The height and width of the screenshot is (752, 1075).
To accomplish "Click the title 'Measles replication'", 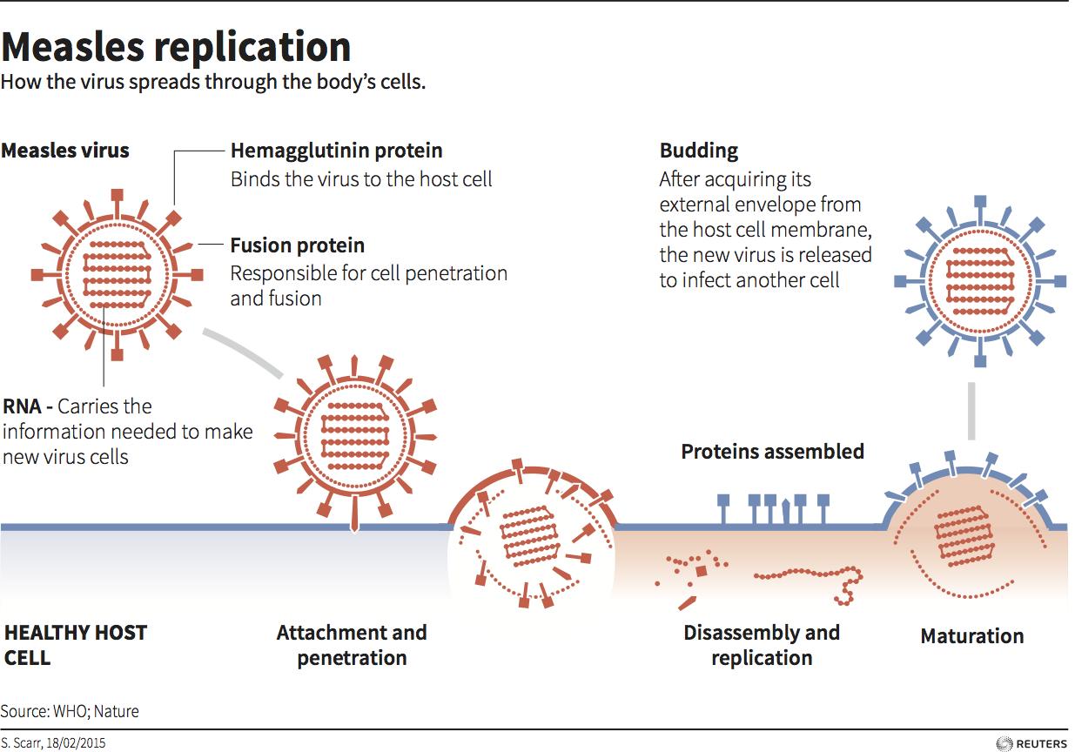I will point(176,47).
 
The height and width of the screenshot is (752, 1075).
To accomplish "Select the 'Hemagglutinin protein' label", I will point(336,151).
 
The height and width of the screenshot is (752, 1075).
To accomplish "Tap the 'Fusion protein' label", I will point(297,245).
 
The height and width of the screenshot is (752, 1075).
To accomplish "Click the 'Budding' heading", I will point(698,151).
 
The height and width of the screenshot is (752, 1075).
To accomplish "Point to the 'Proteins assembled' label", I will point(772,452).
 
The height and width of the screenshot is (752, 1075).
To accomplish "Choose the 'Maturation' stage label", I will point(971,636).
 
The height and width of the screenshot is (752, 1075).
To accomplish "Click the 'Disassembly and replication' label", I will point(762,645).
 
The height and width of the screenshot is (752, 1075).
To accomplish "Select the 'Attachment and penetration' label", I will point(352,645).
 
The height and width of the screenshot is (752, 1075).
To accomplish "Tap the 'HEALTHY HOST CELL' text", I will point(76,645).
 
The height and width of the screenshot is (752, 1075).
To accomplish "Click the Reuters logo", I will point(1031,743).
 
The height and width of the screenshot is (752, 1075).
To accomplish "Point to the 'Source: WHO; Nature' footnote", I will point(70,711).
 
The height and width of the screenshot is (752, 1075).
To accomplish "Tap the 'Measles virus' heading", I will point(65,151).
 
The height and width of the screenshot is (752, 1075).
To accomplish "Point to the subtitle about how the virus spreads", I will point(212,84).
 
